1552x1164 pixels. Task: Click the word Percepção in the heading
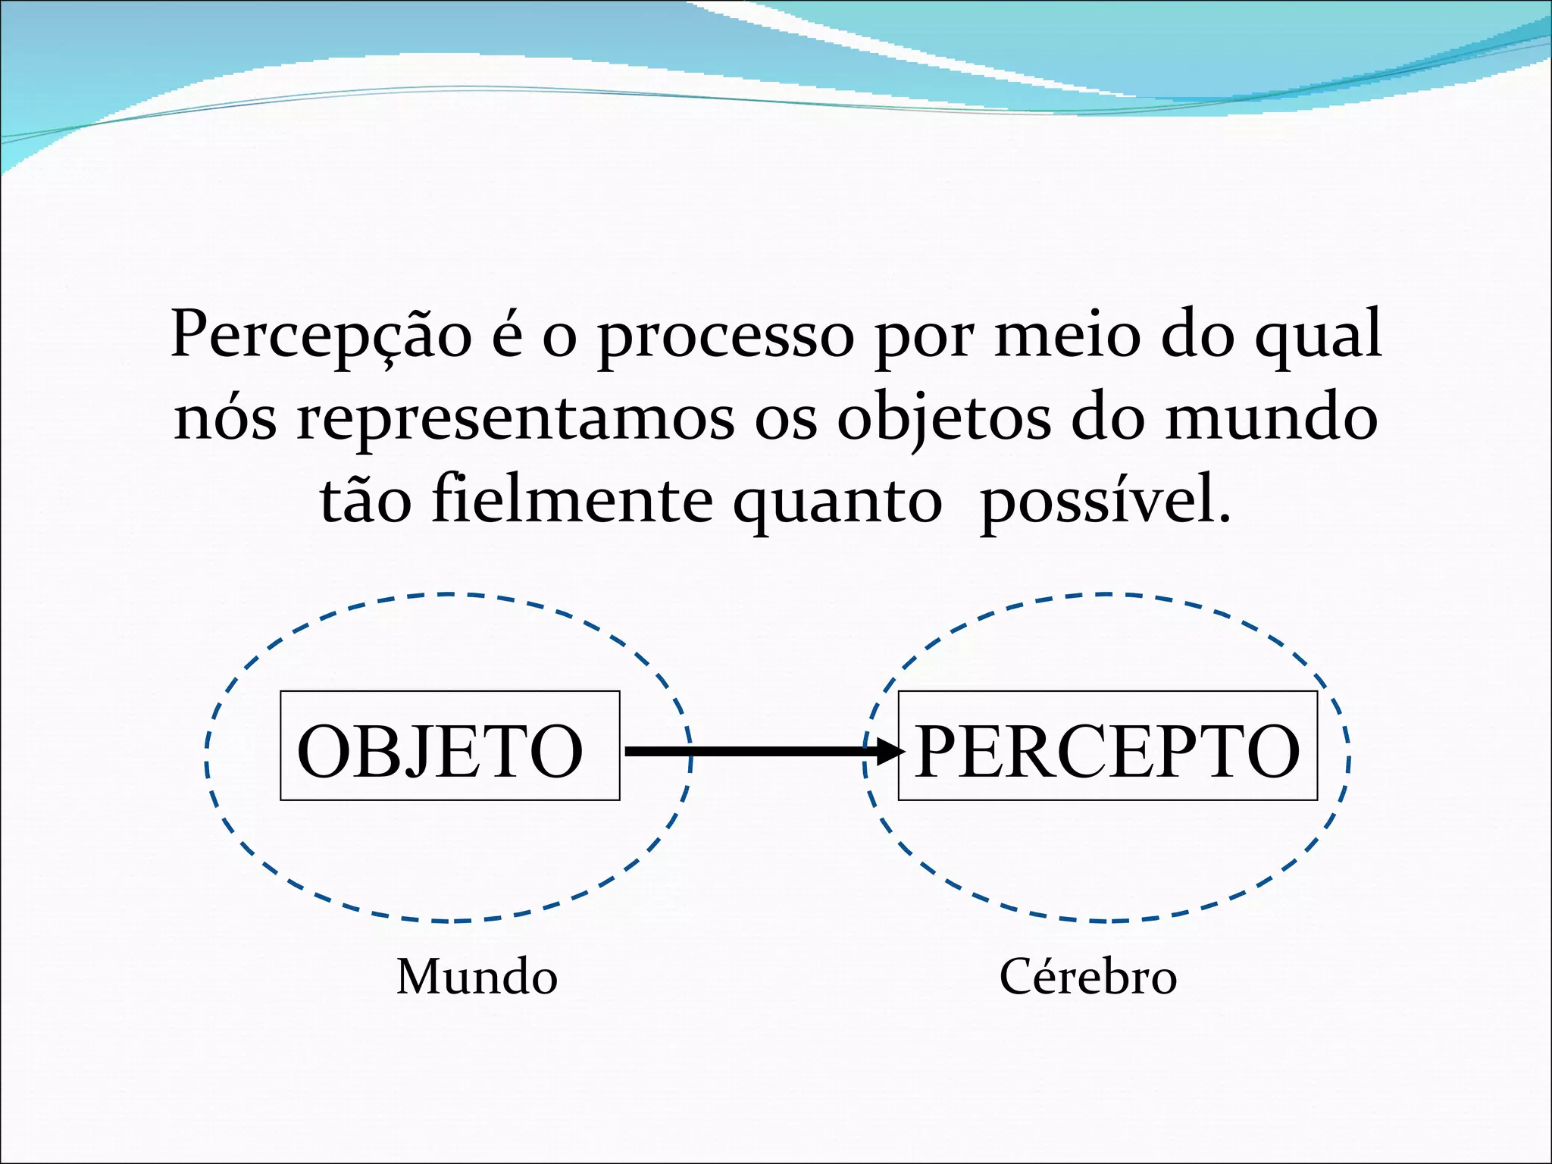[x=321, y=336]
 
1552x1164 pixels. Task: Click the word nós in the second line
[x=226, y=419]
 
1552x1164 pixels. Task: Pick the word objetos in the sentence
[x=943, y=419]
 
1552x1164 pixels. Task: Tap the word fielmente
[x=572, y=500]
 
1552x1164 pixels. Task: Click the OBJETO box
[x=449, y=746]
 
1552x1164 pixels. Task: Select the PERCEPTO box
[x=1107, y=746]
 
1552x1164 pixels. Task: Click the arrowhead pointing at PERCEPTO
[x=890, y=751]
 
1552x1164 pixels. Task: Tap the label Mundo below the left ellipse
[x=477, y=977]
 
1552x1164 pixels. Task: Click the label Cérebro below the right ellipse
[x=1088, y=977]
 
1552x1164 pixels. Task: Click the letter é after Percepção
[x=507, y=336]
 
